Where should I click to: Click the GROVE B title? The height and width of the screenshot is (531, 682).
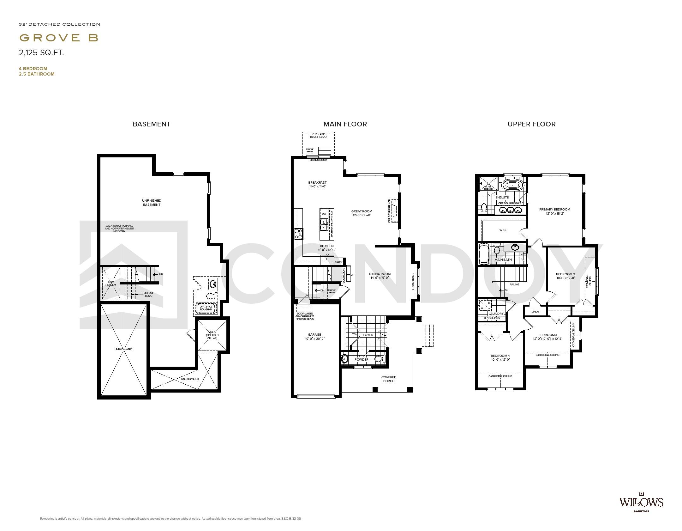click(x=59, y=38)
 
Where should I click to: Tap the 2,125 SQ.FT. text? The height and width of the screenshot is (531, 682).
click(x=41, y=53)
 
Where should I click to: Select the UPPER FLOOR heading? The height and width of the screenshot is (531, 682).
click(x=531, y=124)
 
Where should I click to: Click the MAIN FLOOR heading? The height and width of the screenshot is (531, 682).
click(x=345, y=124)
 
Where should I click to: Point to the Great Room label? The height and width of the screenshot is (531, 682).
click(x=362, y=213)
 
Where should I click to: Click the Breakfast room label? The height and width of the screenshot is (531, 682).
click(x=317, y=184)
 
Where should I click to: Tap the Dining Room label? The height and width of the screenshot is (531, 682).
click(x=380, y=276)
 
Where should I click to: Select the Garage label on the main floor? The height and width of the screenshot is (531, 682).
click(x=314, y=337)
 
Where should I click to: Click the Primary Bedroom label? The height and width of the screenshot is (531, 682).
click(x=554, y=211)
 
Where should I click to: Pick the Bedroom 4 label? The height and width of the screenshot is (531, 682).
click(x=500, y=357)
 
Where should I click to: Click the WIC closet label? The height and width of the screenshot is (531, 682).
click(x=502, y=230)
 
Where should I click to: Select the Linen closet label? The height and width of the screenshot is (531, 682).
click(x=535, y=312)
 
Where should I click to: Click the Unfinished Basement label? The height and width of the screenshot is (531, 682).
click(x=152, y=203)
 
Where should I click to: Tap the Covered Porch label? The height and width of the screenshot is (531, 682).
click(x=389, y=379)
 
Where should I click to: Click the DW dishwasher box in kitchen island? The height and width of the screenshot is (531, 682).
click(x=324, y=214)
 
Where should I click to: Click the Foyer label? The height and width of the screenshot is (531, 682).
click(x=368, y=335)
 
